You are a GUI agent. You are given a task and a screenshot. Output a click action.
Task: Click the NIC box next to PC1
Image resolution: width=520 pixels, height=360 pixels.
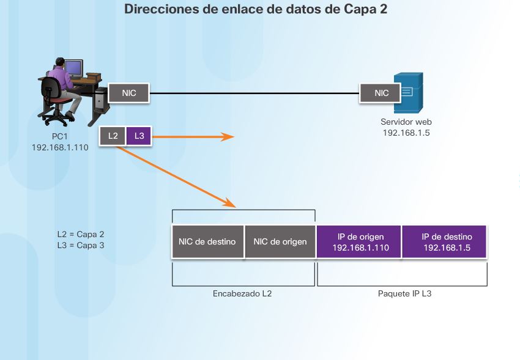129,93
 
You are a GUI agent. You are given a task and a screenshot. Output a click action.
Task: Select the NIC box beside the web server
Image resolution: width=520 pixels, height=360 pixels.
382,93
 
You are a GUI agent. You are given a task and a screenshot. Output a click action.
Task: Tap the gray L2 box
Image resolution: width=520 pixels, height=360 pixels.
113,136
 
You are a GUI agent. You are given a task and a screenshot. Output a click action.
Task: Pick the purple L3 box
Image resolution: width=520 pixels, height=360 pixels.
138,136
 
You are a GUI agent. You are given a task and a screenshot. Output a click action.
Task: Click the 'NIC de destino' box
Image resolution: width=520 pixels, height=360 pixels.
207,241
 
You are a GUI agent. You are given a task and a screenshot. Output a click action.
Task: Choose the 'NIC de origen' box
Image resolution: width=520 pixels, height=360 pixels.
280,241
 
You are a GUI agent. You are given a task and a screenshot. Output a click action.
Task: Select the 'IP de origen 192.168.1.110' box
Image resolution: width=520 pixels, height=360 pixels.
359,242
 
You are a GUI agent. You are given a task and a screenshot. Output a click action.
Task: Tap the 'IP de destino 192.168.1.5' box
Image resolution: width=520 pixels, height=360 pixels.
446,242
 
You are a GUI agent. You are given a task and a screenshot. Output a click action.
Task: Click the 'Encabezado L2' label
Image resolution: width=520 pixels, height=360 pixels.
242,293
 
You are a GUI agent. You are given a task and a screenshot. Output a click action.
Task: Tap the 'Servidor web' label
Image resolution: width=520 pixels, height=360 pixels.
406,122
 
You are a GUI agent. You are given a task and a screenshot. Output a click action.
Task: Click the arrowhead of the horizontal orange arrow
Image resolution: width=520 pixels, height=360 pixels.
229,136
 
